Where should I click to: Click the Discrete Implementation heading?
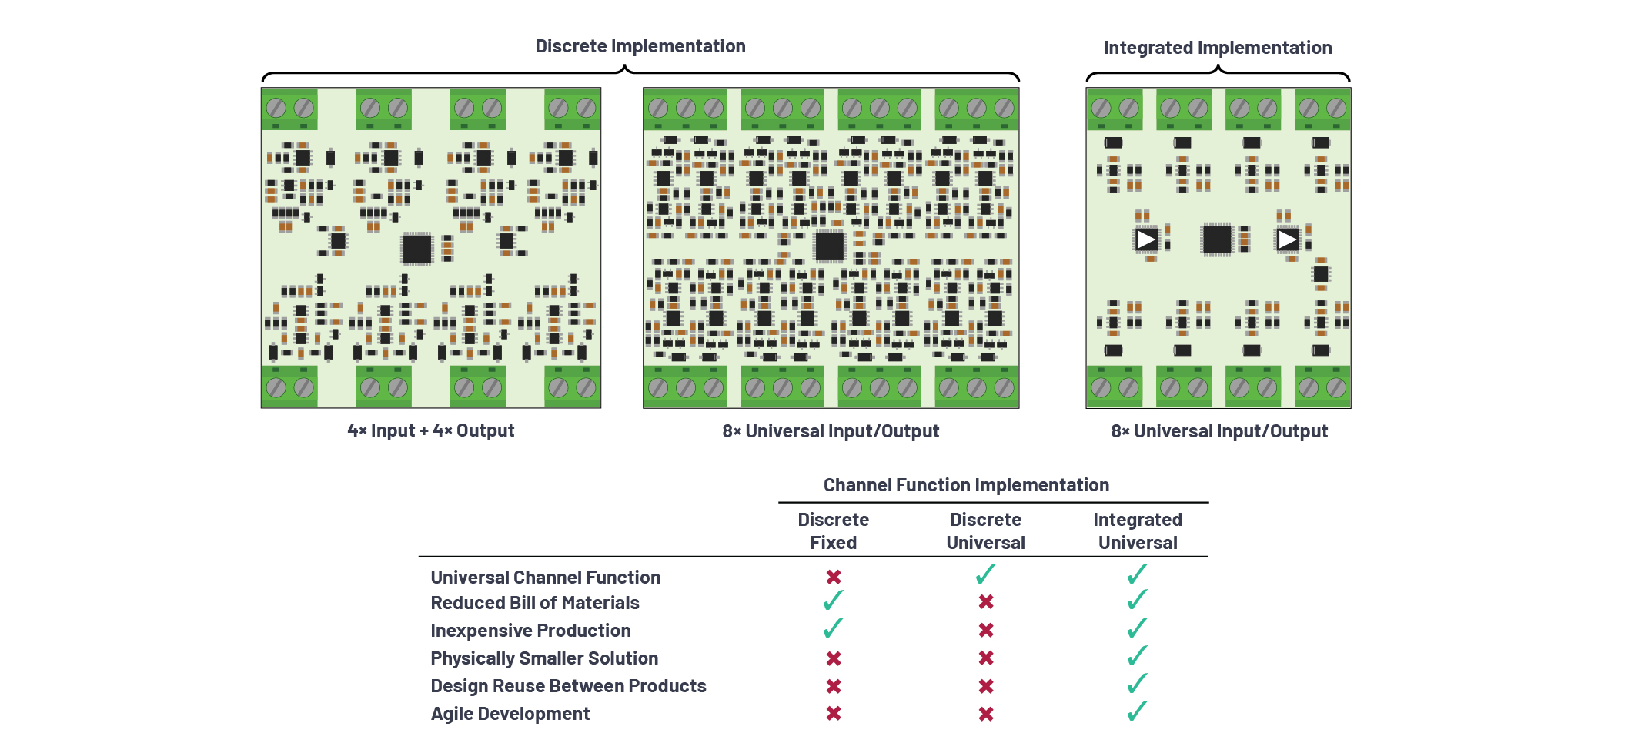point(640,46)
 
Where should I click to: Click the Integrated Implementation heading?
point(1217,48)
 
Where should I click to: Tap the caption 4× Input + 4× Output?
point(430,430)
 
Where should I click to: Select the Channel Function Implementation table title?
point(966,485)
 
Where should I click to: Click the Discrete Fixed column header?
point(833,531)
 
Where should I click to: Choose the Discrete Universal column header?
point(985,531)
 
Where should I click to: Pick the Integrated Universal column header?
point(1138,531)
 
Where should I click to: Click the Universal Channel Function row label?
point(545,578)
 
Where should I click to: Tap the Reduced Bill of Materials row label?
point(535,603)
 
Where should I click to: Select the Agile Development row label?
point(510,714)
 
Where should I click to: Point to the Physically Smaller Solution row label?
point(544,658)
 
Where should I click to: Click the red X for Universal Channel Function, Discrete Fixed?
point(834,577)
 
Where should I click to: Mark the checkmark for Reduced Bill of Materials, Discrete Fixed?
point(833,601)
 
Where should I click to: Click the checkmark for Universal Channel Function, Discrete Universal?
point(985,574)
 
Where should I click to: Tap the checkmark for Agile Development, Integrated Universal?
point(1137,711)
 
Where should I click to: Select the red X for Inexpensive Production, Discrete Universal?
point(986,630)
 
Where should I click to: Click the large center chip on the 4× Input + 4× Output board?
point(417,249)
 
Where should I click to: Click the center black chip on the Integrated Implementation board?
point(1217,239)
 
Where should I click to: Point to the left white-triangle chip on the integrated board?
point(1146,239)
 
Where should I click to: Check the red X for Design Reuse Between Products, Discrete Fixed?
point(834,686)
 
